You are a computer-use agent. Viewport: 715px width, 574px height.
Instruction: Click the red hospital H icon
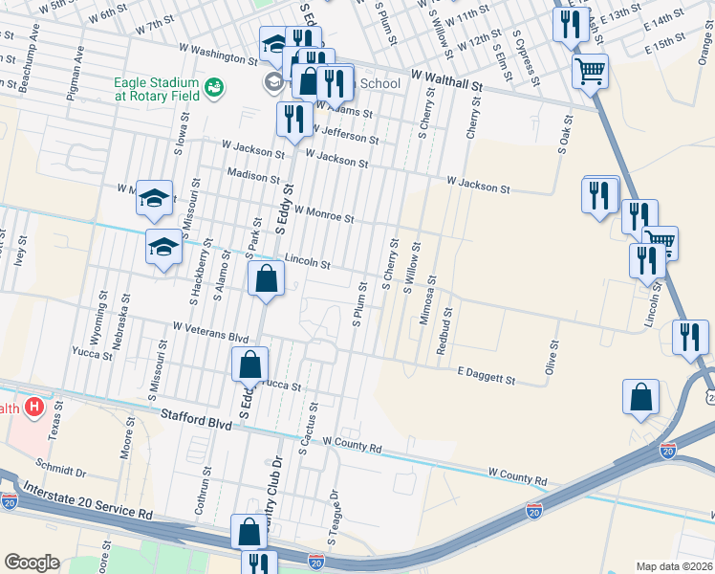(x=34, y=408)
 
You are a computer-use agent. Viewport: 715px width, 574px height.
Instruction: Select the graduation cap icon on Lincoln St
(x=163, y=247)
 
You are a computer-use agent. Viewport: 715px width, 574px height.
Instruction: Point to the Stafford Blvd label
(x=196, y=417)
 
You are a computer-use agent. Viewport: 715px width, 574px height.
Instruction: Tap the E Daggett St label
(x=486, y=375)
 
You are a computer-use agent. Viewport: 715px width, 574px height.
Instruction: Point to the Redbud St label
(x=444, y=331)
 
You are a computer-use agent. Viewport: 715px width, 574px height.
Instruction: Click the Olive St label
(x=552, y=359)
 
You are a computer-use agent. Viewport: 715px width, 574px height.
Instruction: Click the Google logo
(x=32, y=562)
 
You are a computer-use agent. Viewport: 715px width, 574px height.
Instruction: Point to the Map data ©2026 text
(x=674, y=566)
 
